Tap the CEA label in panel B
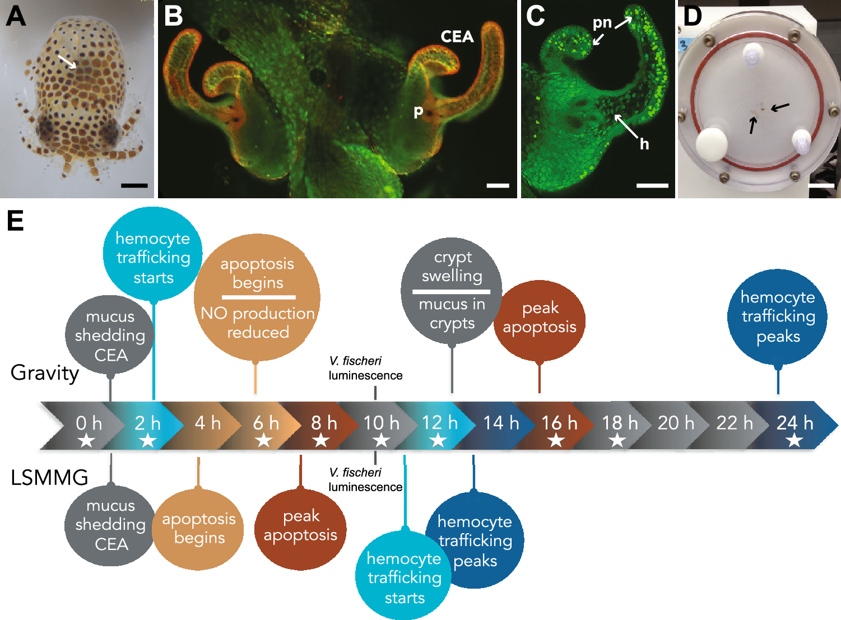(457, 37)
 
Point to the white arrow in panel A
(67, 61)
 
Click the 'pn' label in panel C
(602, 23)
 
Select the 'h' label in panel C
(644, 144)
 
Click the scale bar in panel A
(134, 185)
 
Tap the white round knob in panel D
(711, 144)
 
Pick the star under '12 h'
(438, 441)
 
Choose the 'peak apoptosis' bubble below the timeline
(300, 526)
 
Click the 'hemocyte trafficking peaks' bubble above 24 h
(778, 317)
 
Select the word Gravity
(45, 373)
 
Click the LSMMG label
(49, 478)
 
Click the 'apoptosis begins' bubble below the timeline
(198, 529)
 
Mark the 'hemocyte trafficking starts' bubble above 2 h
(153, 258)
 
